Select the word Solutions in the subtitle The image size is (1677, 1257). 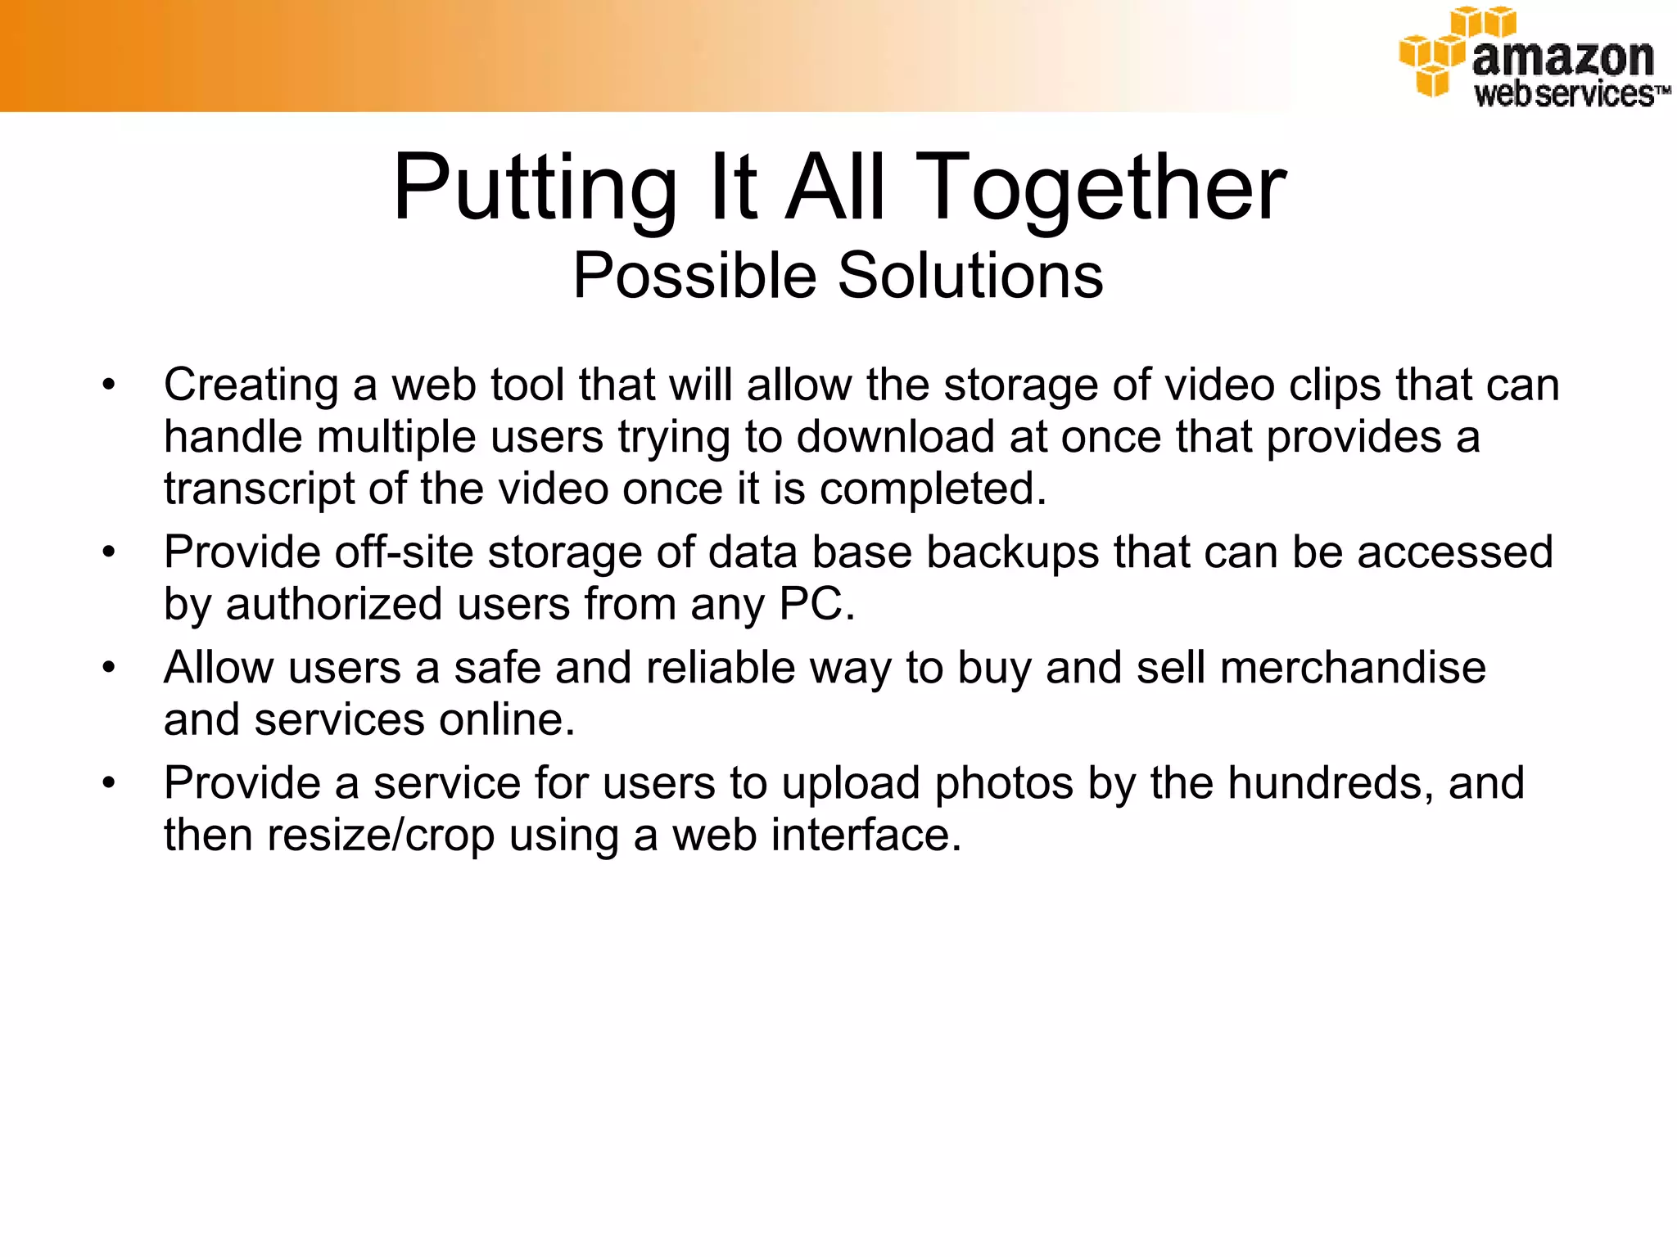[970, 275]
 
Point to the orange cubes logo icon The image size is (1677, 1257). [1438, 53]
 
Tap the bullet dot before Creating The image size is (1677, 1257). [109, 385]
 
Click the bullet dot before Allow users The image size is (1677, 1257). [109, 668]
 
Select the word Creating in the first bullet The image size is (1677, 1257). [251, 385]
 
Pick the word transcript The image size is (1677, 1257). [259, 489]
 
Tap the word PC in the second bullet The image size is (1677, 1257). [816, 604]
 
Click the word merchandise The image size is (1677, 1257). [1353, 668]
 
